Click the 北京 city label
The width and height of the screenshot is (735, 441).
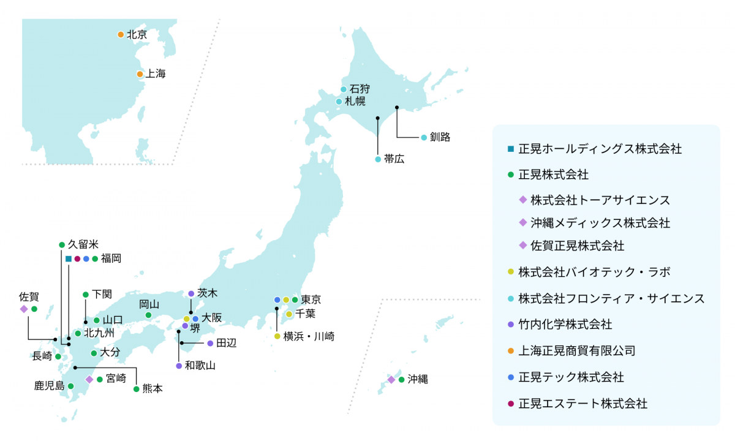pyautogui.click(x=137, y=35)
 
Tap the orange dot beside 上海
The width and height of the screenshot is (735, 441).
pyautogui.click(x=140, y=74)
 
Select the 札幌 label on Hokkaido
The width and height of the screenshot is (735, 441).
pyautogui.click(x=355, y=101)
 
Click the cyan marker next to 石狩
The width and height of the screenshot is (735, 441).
pyautogui.click(x=344, y=89)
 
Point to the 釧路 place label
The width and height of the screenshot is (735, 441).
pyautogui.click(x=440, y=137)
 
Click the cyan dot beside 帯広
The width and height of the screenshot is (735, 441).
pyautogui.click(x=378, y=159)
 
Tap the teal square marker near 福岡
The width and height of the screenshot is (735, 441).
pyautogui.click(x=69, y=258)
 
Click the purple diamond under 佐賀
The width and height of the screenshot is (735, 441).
pyautogui.click(x=24, y=309)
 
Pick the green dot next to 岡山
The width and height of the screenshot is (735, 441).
pyautogui.click(x=148, y=315)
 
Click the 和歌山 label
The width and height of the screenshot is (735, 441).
pyautogui.click(x=200, y=366)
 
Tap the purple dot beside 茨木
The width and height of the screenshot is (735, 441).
pyautogui.click(x=191, y=293)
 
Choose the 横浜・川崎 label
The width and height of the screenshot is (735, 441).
pyautogui.click(x=309, y=336)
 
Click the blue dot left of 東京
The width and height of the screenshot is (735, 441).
pyautogui.click(x=277, y=300)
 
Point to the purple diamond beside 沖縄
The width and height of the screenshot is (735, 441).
pyautogui.click(x=391, y=380)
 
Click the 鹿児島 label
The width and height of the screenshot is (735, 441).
pyautogui.click(x=49, y=386)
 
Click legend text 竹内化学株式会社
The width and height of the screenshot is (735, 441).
pyautogui.click(x=565, y=324)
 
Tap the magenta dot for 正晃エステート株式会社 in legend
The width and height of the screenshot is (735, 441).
pyautogui.click(x=510, y=404)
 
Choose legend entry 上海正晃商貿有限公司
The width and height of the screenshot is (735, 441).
pyautogui.click(x=576, y=350)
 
